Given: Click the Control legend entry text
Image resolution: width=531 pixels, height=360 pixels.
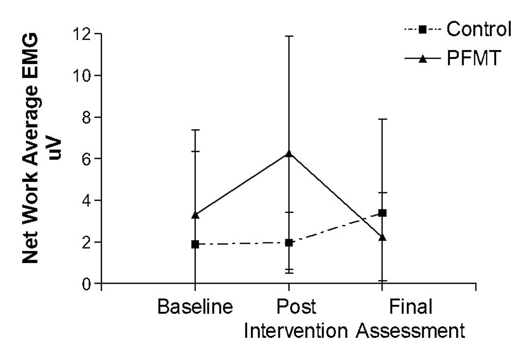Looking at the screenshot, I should click(479, 30).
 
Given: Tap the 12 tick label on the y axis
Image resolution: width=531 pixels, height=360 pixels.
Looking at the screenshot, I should click(83, 34).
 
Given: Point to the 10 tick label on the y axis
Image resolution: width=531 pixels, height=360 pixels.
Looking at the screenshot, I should click(83, 76).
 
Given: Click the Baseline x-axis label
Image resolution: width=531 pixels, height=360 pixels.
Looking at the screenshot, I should click(195, 307).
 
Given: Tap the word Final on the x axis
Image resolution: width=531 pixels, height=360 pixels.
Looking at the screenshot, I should click(411, 307).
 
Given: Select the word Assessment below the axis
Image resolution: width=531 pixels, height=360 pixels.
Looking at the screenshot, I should click(411, 330).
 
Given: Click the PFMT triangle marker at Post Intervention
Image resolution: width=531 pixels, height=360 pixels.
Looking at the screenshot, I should click(289, 153).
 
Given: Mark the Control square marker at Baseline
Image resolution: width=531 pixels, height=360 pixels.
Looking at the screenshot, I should click(195, 244).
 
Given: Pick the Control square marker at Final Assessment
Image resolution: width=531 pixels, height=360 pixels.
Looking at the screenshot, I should click(382, 213).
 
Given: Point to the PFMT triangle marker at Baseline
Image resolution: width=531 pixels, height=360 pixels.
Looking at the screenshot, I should click(195, 215).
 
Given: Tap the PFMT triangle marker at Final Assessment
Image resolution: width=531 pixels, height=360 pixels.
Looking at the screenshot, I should click(382, 238).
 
